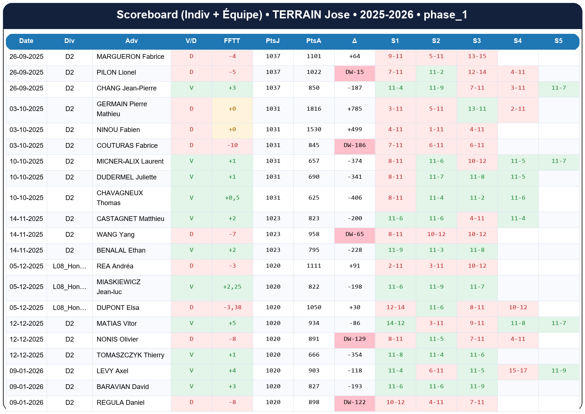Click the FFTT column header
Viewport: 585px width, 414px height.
coord(232,41)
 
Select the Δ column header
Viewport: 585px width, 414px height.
coord(354,41)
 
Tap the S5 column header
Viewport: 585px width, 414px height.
coord(558,41)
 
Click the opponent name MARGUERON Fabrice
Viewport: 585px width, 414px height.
coord(130,57)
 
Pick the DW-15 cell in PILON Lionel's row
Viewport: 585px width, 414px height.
coord(354,72)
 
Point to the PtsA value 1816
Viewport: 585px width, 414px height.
coord(314,109)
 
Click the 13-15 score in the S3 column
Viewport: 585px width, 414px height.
coord(477,56)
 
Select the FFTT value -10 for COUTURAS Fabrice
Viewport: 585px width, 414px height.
coord(232,145)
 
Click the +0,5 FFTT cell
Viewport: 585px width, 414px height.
coord(232,198)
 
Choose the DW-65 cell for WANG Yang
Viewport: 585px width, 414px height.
coord(354,234)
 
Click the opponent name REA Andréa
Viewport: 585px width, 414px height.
coord(115,266)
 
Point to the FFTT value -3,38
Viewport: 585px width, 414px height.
coord(232,307)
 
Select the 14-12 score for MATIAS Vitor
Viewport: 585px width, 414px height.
coord(395,323)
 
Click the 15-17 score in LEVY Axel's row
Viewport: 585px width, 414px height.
coord(518,371)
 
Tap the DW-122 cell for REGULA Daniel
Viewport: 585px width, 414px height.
coord(354,402)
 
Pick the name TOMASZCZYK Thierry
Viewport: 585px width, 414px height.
coord(130,355)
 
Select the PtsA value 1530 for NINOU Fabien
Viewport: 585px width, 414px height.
coord(314,129)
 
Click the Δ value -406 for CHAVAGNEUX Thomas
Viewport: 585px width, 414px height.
coord(354,198)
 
